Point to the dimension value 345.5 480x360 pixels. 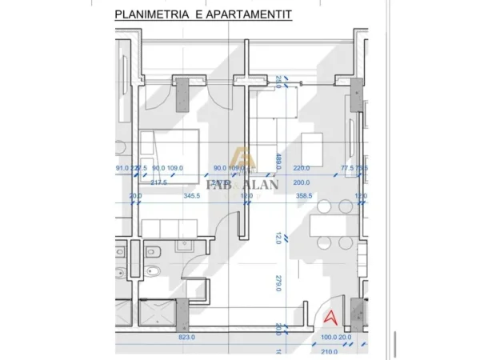[x=192, y=195]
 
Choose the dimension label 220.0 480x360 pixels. [x=302, y=168]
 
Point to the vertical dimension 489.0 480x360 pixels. [x=278, y=160]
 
